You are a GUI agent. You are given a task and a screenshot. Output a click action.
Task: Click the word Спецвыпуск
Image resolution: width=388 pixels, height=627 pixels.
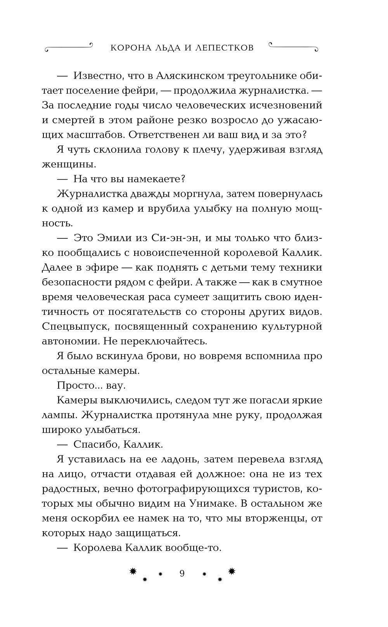[73, 327]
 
